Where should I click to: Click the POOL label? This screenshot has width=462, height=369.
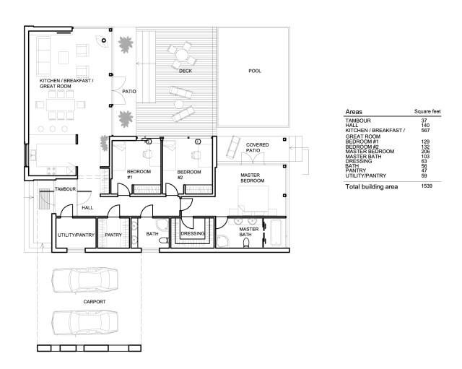pyautogui.click(x=255, y=71)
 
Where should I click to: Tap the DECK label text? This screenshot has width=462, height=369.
pyautogui.click(x=186, y=71)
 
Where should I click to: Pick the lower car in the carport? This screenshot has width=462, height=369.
pyautogui.click(x=85, y=321)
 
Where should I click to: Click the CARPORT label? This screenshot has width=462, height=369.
pyautogui.click(x=94, y=300)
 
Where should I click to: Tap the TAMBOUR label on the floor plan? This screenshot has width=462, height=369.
pyautogui.click(x=66, y=189)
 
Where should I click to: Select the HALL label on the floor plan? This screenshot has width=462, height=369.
pyautogui.click(x=87, y=208)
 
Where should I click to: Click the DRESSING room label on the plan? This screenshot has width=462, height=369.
pyautogui.click(x=193, y=234)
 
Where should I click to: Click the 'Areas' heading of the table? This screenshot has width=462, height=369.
pyautogui.click(x=354, y=113)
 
